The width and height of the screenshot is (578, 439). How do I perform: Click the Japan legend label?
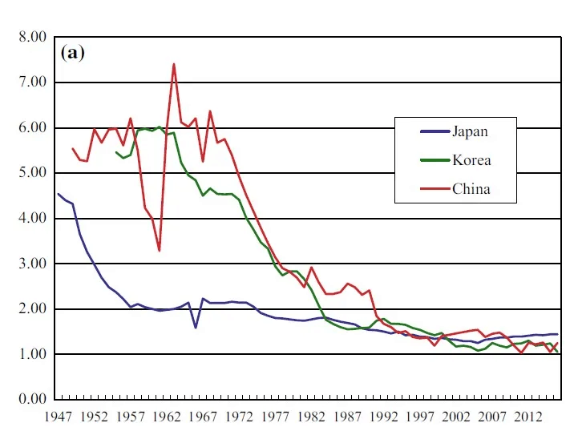pos(470,131)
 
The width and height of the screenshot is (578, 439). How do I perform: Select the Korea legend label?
pos(471,160)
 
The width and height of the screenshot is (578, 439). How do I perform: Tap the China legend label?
pos(471,189)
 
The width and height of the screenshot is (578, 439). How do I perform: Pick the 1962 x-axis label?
pos(166,417)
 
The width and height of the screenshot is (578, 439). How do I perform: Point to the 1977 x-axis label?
pos(276,417)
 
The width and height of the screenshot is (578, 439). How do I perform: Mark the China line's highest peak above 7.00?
pos(173,64)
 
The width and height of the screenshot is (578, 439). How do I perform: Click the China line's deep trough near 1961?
pos(159,251)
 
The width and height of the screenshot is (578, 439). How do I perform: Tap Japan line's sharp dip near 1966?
pos(196,327)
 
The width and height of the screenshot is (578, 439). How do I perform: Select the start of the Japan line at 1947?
pos(58,193)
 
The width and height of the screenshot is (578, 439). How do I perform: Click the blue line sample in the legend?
pos(433,131)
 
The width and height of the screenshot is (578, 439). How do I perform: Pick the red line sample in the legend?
pos(433,189)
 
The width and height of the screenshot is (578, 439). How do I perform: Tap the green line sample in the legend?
pos(433,160)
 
